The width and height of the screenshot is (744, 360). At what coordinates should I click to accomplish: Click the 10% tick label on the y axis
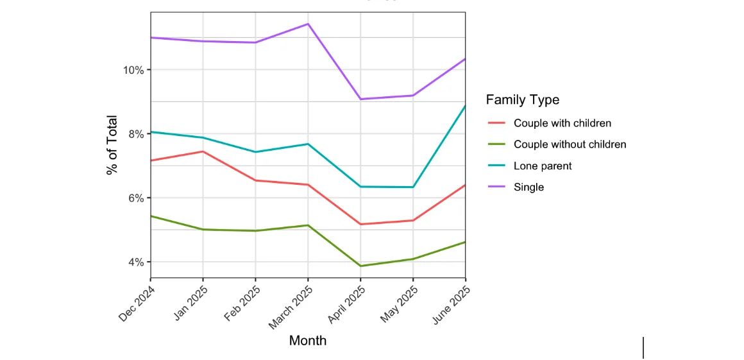click(133, 70)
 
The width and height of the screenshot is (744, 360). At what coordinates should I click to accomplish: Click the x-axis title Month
click(308, 341)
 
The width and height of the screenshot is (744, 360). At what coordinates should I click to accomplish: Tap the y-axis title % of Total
click(112, 144)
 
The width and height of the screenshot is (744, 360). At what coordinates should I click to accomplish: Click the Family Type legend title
click(522, 99)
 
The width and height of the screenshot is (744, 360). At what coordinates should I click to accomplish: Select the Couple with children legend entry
click(562, 123)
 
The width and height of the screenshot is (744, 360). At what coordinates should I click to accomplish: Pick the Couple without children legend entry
click(570, 144)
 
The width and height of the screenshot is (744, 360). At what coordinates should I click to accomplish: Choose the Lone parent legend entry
click(542, 166)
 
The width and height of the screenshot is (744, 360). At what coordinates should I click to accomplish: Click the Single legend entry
click(528, 187)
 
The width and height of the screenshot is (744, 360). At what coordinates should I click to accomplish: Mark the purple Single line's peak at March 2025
click(309, 24)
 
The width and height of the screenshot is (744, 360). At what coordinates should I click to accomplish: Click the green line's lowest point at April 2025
click(360, 266)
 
